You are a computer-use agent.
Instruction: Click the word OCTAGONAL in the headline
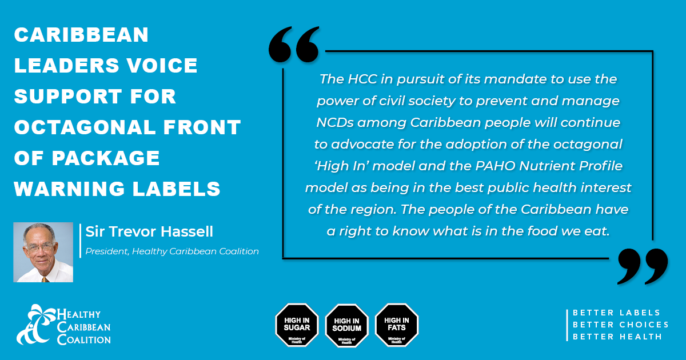pyautogui.click(x=85, y=127)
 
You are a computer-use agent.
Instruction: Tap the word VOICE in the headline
pyautogui.click(x=162, y=65)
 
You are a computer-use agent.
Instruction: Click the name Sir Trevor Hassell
pyautogui.click(x=149, y=231)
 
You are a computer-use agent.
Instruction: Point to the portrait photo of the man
pyautogui.click(x=43, y=252)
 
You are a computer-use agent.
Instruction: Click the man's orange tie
pyautogui.click(x=45, y=279)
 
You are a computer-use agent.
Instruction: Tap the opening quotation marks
pyautogui.click(x=294, y=45)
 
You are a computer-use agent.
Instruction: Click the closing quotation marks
pyautogui.click(x=643, y=266)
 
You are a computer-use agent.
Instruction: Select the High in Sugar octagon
pyautogui.click(x=297, y=325)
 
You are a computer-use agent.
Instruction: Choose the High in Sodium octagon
pyautogui.click(x=346, y=325)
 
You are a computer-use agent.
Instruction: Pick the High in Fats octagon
pyautogui.click(x=397, y=325)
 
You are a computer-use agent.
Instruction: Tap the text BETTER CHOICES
pyautogui.click(x=620, y=325)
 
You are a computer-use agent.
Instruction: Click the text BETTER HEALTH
pyautogui.click(x=617, y=337)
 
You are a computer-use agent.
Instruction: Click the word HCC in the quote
pyautogui.click(x=362, y=79)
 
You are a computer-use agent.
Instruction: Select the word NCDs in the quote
pyautogui.click(x=335, y=123)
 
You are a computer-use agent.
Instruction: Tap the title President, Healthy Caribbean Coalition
pyautogui.click(x=172, y=251)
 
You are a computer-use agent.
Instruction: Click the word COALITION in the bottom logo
pyautogui.click(x=84, y=339)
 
